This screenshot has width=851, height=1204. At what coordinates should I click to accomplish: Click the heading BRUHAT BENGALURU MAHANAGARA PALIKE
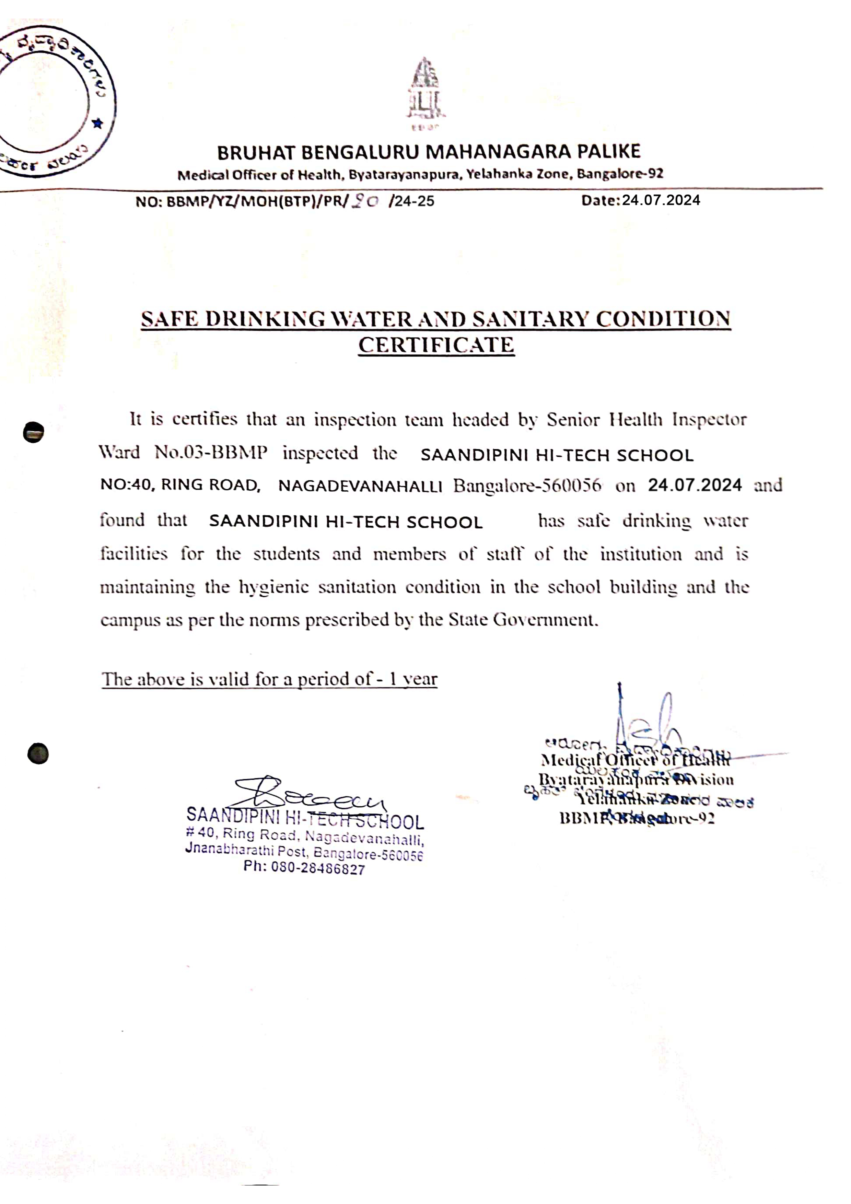tap(428, 152)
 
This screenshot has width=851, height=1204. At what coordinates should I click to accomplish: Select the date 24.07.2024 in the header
tap(661, 200)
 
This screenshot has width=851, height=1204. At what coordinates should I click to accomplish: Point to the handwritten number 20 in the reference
tap(365, 201)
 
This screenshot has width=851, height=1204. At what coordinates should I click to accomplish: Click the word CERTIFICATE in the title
tap(436, 345)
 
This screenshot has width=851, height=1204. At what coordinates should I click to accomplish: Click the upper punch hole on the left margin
tap(34, 432)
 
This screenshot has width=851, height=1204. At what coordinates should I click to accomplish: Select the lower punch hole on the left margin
tap(38, 753)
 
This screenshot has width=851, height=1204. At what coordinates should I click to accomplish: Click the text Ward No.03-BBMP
tap(184, 453)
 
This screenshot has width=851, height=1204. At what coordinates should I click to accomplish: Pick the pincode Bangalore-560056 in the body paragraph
tap(527, 486)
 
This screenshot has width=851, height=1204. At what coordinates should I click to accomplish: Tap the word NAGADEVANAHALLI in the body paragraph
tap(360, 486)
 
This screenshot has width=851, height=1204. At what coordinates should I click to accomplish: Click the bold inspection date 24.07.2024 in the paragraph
tap(695, 485)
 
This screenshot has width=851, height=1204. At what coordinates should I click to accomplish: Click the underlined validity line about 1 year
tap(269, 680)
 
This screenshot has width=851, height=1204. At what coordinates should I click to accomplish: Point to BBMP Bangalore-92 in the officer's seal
tap(637, 819)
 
